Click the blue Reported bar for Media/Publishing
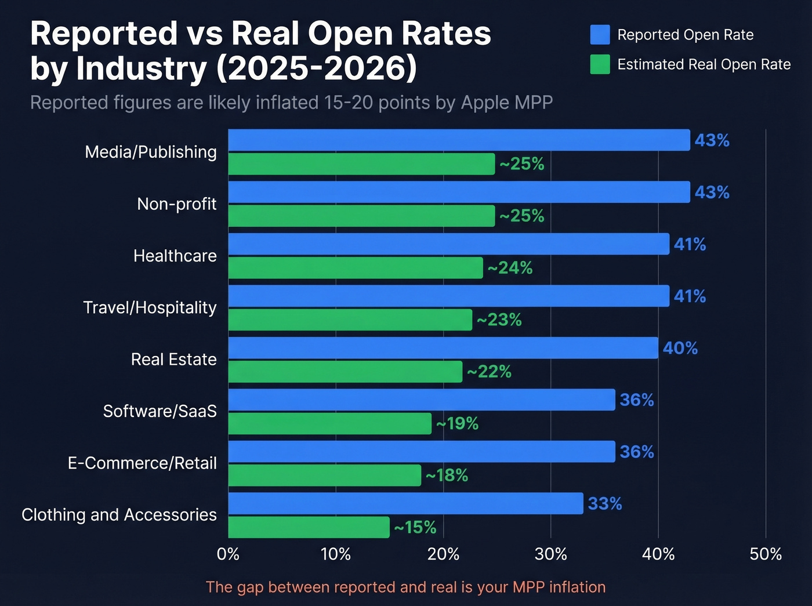pos(459,140)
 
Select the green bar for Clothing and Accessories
pos(309,527)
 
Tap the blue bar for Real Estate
pos(443,348)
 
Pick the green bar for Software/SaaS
pos(329,423)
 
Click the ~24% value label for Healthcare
pos(510,268)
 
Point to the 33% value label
pos(605,504)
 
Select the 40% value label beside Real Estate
pos(680,348)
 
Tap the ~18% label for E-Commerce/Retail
pos(447,476)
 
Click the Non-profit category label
pos(176,204)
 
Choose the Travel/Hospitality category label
pos(150,307)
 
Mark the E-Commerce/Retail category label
pos(142,463)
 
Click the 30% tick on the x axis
pos(550,554)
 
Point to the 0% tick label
pos(228,554)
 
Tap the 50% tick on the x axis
pos(766,554)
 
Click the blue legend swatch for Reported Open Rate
pos(600,35)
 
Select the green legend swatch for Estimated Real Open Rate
pos(600,64)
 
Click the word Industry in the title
pos(142,68)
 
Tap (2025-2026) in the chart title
pos(317,68)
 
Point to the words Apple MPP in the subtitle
pos(506,103)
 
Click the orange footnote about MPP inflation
pos(405,587)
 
